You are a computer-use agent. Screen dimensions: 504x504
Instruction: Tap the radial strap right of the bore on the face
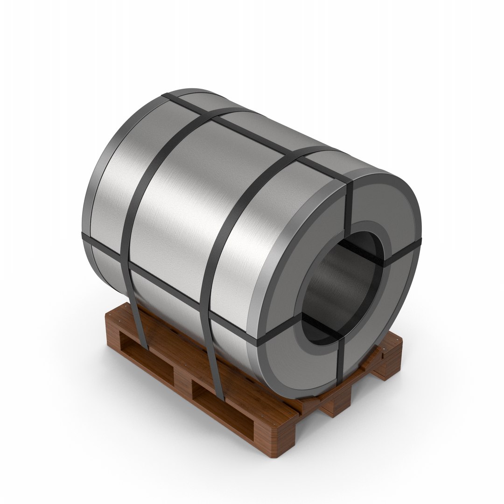[401, 252]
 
